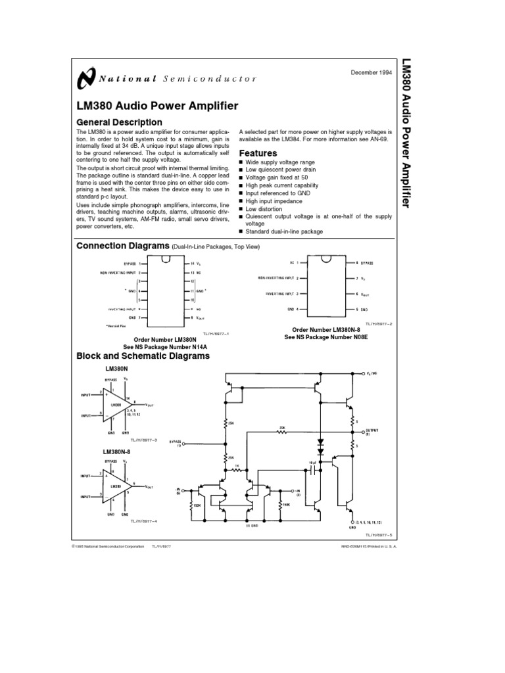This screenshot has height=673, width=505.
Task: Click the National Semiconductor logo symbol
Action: coord(85,78)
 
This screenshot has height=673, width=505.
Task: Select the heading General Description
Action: coord(119,122)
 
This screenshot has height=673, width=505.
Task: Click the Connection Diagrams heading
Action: coord(123,246)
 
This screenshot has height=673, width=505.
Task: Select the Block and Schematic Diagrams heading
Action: coord(143,356)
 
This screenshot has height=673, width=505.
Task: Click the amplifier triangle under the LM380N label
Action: coord(116,404)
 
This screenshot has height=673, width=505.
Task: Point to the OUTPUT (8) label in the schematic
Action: coord(372,431)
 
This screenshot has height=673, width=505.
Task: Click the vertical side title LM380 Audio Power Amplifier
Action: coord(406,134)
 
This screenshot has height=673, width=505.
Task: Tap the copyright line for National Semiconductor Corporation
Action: coord(107,546)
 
